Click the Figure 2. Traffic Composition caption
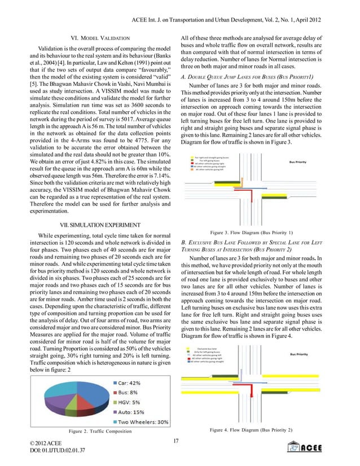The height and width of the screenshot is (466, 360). (x=100, y=432)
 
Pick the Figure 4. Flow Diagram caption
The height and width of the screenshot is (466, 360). (x=251, y=431)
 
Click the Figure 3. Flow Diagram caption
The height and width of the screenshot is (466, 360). (x=251, y=232)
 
